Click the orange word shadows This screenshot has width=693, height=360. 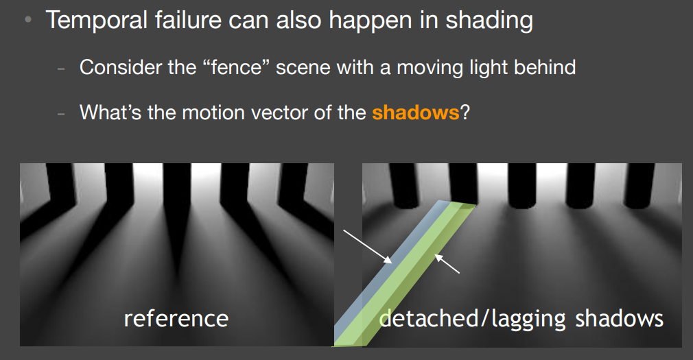tap(415, 112)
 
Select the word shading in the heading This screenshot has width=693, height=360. tap(489, 21)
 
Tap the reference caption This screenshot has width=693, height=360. tap(176, 318)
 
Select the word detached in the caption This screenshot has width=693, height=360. tap(428, 318)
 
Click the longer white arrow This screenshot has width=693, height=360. tap(368, 246)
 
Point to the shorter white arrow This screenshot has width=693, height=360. tap(447, 263)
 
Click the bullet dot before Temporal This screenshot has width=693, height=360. tap(28, 20)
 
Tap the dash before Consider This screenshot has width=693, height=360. tap(61, 69)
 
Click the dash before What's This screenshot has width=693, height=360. tap(61, 114)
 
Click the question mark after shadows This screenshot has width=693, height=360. tap(465, 112)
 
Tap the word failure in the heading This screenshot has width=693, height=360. tap(180, 21)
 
